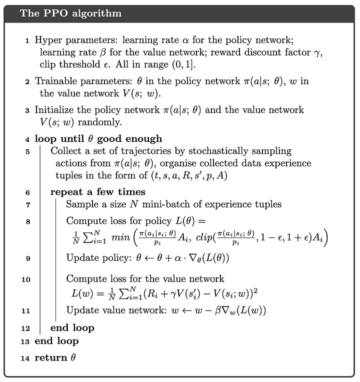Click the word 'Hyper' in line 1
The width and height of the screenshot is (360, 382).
pos(45,39)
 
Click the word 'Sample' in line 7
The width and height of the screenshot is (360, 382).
pos(80,204)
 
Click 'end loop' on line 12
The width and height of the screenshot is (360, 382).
pos(72,328)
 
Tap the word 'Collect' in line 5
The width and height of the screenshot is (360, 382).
pos(66,151)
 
